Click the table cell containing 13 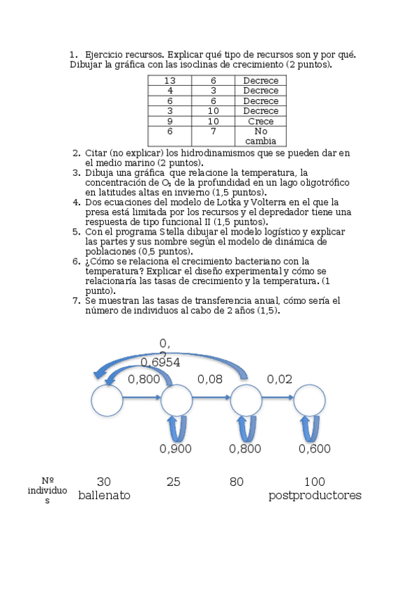click(x=170, y=80)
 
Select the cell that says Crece click(x=260, y=121)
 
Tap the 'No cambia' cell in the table click(x=260, y=135)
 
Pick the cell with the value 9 click(x=170, y=121)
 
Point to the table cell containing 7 click(x=213, y=131)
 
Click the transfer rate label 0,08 click(x=210, y=379)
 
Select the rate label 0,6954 click(x=161, y=362)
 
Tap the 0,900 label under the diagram click(x=176, y=449)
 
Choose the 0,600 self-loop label click(x=315, y=449)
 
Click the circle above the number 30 click(x=107, y=401)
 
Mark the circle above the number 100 click(x=309, y=401)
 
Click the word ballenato click(x=104, y=495)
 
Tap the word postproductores click(x=315, y=495)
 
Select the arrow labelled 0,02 click(x=277, y=399)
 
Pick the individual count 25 click(x=174, y=481)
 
